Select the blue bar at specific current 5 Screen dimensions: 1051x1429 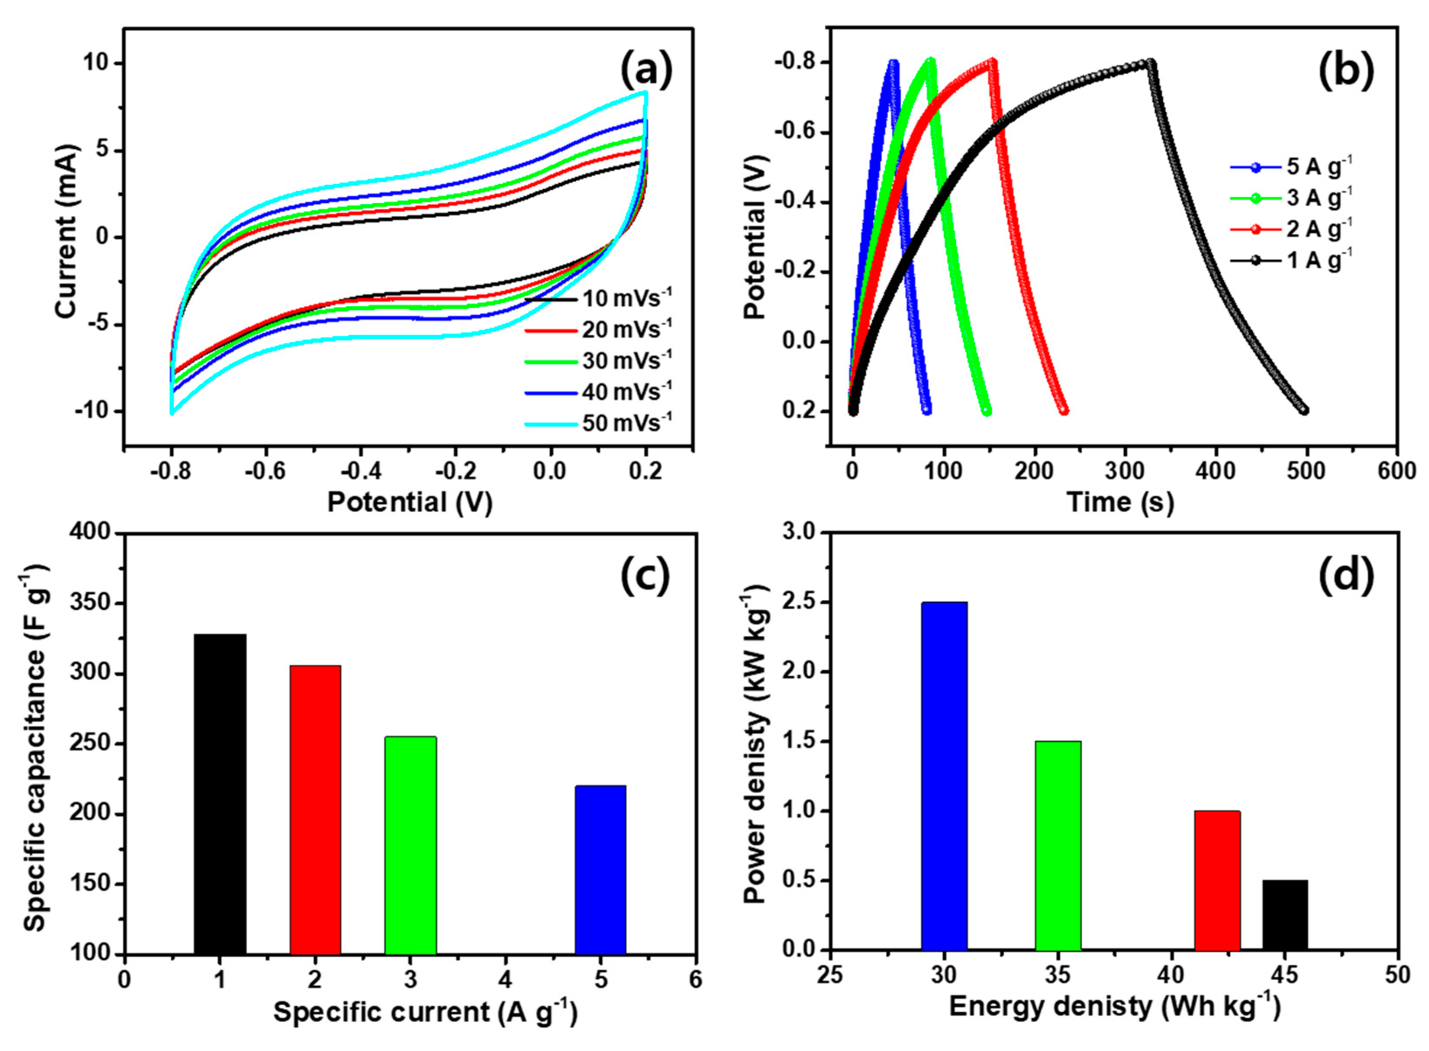click(600, 869)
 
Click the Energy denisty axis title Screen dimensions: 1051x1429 click(1114, 1006)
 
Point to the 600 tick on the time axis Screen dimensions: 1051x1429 click(1397, 471)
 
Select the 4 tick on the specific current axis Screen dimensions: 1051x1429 click(506, 979)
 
